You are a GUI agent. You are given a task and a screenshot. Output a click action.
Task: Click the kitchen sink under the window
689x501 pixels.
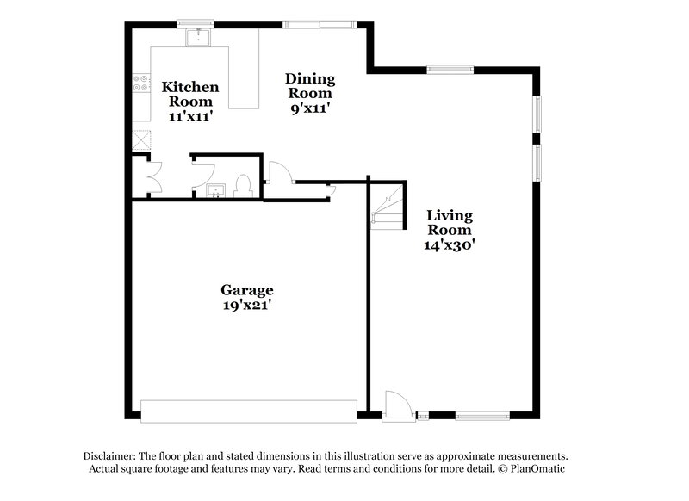pyautogui.click(x=199, y=37)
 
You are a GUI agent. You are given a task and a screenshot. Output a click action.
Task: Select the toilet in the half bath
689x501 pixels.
pyautogui.click(x=242, y=185)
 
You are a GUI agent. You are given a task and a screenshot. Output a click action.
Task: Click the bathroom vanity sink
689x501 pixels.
pyautogui.click(x=215, y=189)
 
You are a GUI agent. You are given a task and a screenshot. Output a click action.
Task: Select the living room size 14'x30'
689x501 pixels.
pyautogui.click(x=450, y=244)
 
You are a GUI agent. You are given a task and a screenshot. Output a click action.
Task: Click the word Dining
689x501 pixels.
pyautogui.click(x=310, y=78)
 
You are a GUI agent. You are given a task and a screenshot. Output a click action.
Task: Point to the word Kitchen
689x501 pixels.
pyautogui.click(x=190, y=87)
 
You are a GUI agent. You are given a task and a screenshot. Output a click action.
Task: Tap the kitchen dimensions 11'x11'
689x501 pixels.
pyautogui.click(x=190, y=115)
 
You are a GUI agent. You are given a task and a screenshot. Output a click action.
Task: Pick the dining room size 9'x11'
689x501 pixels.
pyautogui.click(x=310, y=108)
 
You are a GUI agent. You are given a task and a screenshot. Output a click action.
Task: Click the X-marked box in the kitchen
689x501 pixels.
pyautogui.click(x=140, y=139)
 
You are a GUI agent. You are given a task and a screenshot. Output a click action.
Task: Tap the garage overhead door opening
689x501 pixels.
pyautogui.click(x=249, y=411)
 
